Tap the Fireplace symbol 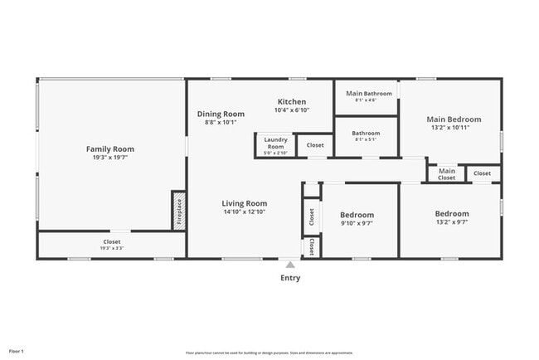tap(178, 211)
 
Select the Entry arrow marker tap(289, 264)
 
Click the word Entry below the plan tap(290, 278)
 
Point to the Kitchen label tap(291, 102)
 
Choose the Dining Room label tap(221, 114)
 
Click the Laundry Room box tap(275, 145)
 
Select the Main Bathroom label tap(366, 93)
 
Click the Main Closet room tap(446, 173)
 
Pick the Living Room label tap(244, 203)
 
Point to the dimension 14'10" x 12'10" tap(244, 212)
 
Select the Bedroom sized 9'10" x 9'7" tap(357, 218)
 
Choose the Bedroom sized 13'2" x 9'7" tap(451, 217)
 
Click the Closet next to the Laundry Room tap(315, 145)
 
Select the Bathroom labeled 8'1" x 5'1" tap(366, 136)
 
